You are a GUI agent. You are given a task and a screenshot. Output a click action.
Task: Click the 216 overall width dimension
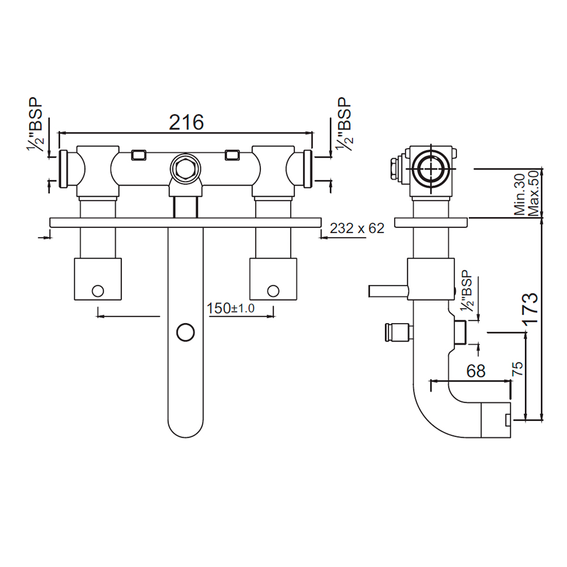[x=187, y=121]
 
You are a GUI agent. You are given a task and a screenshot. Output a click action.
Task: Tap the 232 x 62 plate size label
[x=357, y=229]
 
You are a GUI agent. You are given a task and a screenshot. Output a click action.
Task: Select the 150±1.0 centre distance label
[x=231, y=308]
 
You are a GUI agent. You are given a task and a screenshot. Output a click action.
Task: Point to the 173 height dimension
[x=530, y=309]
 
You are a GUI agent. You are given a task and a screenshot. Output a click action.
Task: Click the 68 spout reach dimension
[x=476, y=371]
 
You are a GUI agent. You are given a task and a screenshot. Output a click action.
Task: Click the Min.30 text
[x=519, y=193]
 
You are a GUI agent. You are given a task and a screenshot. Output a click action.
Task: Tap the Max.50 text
[x=533, y=193]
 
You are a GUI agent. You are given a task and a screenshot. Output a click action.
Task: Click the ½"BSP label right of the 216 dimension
[x=344, y=125]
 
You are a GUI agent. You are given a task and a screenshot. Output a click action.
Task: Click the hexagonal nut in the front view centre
[x=185, y=168]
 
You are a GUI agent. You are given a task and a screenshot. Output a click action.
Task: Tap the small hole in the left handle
[x=98, y=291]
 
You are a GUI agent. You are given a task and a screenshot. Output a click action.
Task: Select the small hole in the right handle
[x=273, y=291]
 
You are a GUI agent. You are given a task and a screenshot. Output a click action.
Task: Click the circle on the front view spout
[x=185, y=332]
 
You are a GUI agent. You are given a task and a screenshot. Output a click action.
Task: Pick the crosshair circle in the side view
[x=431, y=168]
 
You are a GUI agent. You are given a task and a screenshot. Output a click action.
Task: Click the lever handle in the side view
[x=388, y=291]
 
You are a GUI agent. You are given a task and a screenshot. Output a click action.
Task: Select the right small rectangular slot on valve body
[x=233, y=154]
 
